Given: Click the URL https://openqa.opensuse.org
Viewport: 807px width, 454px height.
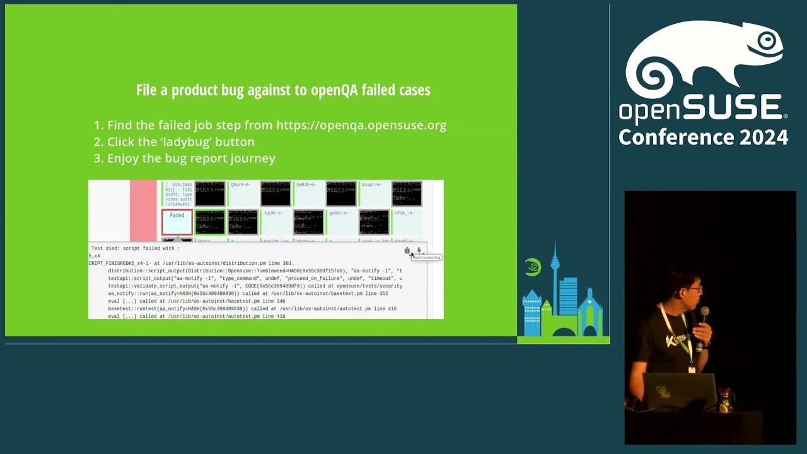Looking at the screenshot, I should click(x=361, y=125).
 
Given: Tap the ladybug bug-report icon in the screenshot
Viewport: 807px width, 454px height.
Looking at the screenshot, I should click(x=407, y=251).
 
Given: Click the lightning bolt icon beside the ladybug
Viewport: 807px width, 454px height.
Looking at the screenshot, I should click(x=419, y=251).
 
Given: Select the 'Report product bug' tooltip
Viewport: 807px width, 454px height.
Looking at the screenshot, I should click(x=427, y=257).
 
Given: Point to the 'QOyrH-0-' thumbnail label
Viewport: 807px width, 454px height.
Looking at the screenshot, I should click(x=240, y=185).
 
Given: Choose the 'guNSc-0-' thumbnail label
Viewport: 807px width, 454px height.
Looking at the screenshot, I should click(x=339, y=213).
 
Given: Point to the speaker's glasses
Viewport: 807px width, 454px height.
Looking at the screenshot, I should click(x=694, y=289).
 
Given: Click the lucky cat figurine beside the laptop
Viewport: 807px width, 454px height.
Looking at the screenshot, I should click(x=726, y=398).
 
